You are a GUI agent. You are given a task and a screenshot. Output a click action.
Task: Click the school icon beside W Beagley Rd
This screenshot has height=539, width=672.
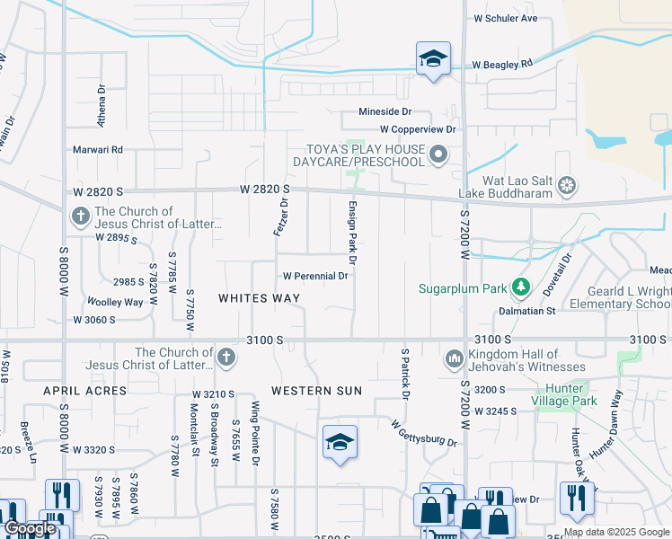coord(434,59)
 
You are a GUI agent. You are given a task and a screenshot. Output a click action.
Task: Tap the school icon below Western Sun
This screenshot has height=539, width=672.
coord(340,442)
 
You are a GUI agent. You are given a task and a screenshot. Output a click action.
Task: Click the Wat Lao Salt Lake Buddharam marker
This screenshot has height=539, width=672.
coord(566,186)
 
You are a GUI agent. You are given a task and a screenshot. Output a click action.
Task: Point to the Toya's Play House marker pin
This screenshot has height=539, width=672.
coord(438,155)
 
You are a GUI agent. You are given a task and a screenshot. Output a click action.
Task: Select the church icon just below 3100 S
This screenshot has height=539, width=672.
coord(225,358)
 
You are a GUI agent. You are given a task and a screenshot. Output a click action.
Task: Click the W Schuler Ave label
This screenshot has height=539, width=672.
coord(505,18)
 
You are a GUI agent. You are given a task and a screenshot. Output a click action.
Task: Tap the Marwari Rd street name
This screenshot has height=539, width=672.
coord(98,149)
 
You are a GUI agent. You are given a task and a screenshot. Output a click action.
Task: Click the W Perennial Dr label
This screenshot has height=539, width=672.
coord(315,276)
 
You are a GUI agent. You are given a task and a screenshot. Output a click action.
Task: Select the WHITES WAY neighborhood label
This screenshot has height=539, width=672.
coord(260,297)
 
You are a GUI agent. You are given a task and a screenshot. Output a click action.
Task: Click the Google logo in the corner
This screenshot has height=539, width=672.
coord(29,529)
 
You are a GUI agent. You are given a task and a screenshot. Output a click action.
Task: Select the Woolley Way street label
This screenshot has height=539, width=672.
coord(115,302)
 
